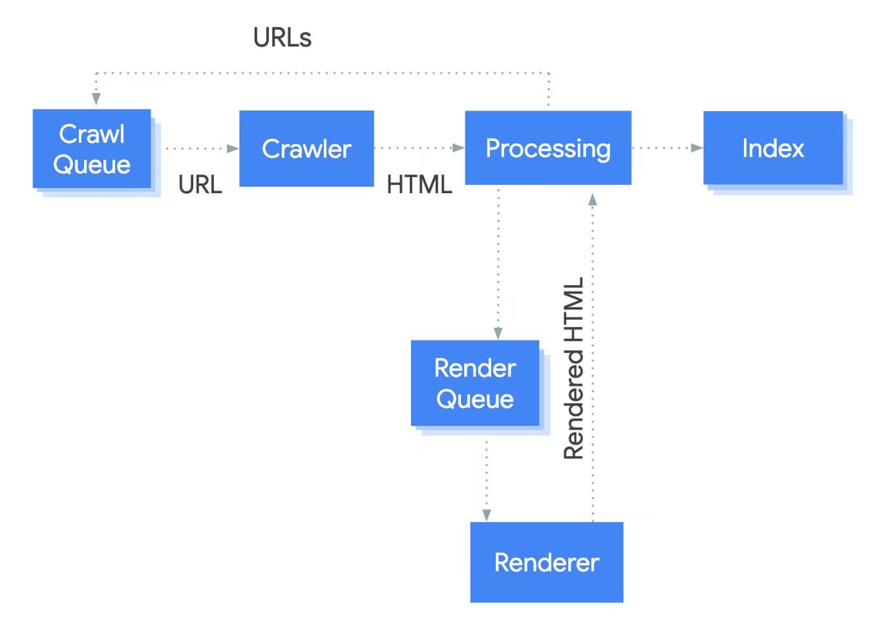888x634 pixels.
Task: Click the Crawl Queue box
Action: [x=92, y=149]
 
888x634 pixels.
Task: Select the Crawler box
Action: [x=306, y=149]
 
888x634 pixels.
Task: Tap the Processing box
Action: [x=548, y=148]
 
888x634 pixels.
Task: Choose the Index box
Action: [x=773, y=148]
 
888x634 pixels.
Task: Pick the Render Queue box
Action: [x=475, y=383]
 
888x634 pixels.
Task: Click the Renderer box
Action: [x=547, y=562]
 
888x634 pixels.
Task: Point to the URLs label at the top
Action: [x=282, y=37]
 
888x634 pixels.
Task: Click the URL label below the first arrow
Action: [x=200, y=185]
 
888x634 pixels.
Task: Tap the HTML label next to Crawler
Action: [x=419, y=185]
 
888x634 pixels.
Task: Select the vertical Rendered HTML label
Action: [x=574, y=368]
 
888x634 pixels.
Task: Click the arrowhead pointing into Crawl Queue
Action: [x=96, y=98]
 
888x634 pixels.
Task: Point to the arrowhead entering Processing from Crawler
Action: [x=458, y=148]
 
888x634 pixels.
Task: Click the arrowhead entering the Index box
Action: [x=697, y=148]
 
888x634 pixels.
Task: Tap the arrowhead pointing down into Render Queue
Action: [x=498, y=333]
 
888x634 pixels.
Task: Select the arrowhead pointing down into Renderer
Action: [x=487, y=515]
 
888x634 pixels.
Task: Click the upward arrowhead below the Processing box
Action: [x=593, y=199]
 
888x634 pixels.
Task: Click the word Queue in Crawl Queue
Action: [x=92, y=164]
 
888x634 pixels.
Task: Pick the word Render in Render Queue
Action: [x=475, y=368]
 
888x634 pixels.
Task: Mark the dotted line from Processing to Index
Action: [x=662, y=148]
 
